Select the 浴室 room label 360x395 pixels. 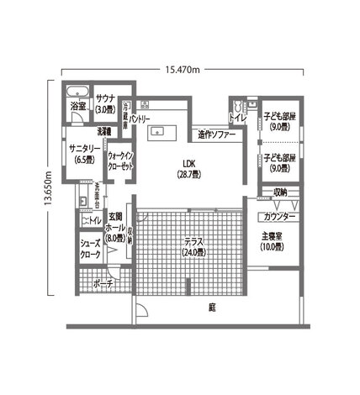(77, 108)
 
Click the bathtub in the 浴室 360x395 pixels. (77, 92)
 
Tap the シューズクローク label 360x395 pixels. (91, 249)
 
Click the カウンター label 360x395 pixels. (271, 217)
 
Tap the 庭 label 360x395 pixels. (212, 308)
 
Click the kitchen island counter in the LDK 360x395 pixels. (163, 130)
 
